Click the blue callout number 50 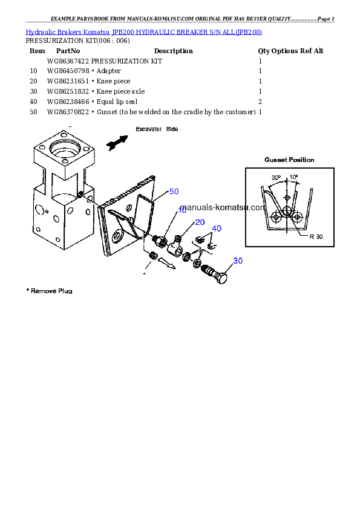pyautogui.click(x=174, y=192)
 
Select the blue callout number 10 pyautogui.click(x=182, y=210)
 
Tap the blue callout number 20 pyautogui.click(x=200, y=222)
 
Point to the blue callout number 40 pyautogui.click(x=217, y=229)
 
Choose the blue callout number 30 pyautogui.click(x=238, y=261)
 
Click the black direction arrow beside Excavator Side pyautogui.click(x=117, y=142)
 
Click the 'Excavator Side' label pyautogui.click(x=157, y=129)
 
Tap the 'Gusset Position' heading pyautogui.click(x=289, y=160)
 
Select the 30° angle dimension pyautogui.click(x=276, y=178)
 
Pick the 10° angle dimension pyautogui.click(x=294, y=178)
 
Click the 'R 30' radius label pyautogui.click(x=316, y=236)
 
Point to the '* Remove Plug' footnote pyautogui.click(x=50, y=291)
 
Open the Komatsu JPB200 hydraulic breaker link pyautogui.click(x=143, y=31)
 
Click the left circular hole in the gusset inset pyautogui.click(x=276, y=216)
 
